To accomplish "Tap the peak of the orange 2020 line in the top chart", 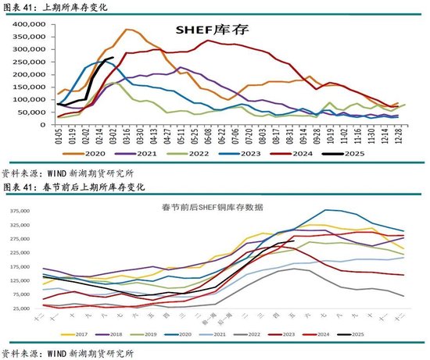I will (x=127, y=30).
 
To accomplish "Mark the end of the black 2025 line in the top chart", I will (x=113, y=57).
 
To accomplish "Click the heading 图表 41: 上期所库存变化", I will (x=55, y=6).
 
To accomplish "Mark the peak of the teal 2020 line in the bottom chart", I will (x=326, y=209).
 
